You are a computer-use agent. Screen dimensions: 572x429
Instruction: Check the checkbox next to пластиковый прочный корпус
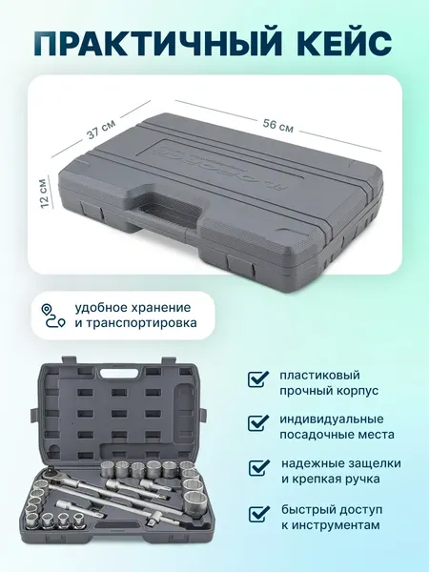coord(257,378)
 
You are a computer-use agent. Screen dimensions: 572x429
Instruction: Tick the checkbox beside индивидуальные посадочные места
coord(257,422)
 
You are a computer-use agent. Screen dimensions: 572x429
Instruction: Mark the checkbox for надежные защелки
coord(257,467)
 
